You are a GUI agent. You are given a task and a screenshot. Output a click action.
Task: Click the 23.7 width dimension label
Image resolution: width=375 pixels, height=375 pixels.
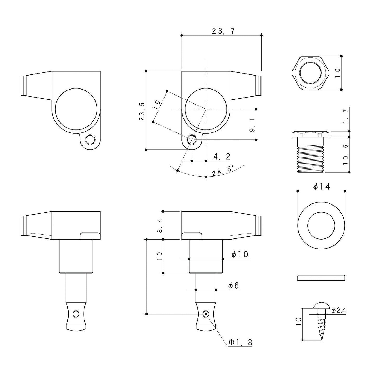pyautogui.click(x=223, y=31)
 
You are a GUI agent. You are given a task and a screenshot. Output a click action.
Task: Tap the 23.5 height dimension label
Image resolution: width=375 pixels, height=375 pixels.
pyautogui.click(x=142, y=112)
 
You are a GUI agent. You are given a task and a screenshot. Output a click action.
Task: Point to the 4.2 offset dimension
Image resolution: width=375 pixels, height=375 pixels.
pyautogui.click(x=222, y=156)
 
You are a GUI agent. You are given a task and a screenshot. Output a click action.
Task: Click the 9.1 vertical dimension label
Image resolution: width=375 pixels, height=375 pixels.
pyautogui.click(x=253, y=127)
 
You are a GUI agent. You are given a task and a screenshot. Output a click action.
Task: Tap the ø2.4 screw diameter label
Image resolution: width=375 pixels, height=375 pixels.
pyautogui.click(x=339, y=316)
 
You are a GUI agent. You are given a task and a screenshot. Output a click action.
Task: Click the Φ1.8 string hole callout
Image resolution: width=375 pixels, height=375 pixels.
pyautogui.click(x=241, y=347)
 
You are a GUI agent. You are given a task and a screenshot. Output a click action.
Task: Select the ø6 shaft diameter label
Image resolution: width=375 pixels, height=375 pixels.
pyautogui.click(x=233, y=285)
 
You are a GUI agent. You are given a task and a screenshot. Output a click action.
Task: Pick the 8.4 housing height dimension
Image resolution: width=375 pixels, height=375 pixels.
pyautogui.click(x=159, y=225)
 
